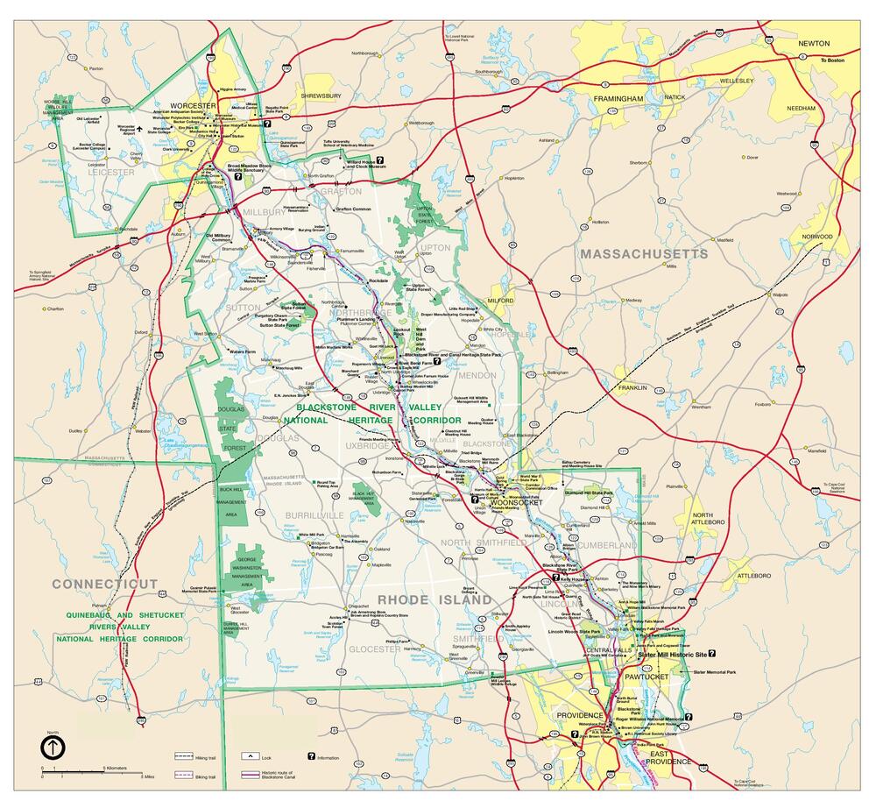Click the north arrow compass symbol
(53, 747)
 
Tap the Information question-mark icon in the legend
(310, 755)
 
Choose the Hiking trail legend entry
(183, 755)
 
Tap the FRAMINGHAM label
(618, 99)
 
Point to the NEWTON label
(813, 43)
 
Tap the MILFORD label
(500, 301)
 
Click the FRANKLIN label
(632, 387)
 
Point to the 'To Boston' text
(832, 60)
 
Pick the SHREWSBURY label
(321, 95)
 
